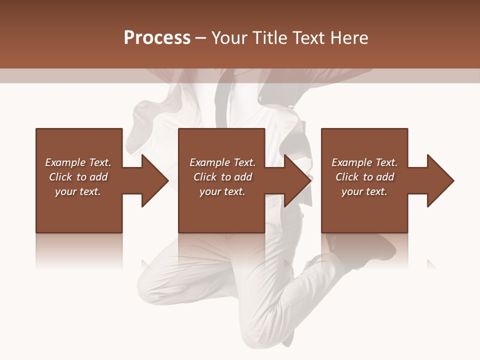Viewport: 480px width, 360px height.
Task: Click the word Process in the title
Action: pos(157,38)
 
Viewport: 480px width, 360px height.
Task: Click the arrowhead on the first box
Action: pos(152,180)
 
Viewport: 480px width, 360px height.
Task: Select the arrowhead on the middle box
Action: pos(295,180)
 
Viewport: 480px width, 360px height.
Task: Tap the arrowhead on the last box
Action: pos(438,180)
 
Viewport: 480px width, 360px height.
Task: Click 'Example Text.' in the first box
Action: pos(78,162)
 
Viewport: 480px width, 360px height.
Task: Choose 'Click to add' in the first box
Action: pos(78,177)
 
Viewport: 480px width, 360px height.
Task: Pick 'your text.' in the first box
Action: pos(78,191)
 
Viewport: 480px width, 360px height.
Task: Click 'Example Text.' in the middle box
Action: pos(222,162)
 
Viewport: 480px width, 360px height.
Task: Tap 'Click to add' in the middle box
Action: pos(222,177)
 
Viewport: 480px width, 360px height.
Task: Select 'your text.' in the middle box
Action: pos(222,191)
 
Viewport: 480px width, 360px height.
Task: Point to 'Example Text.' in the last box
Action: pos(364,162)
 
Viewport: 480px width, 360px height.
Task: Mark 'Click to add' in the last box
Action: pos(364,177)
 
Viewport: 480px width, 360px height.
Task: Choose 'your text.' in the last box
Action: pos(364,191)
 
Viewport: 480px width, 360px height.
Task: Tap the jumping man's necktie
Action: pos(222,100)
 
